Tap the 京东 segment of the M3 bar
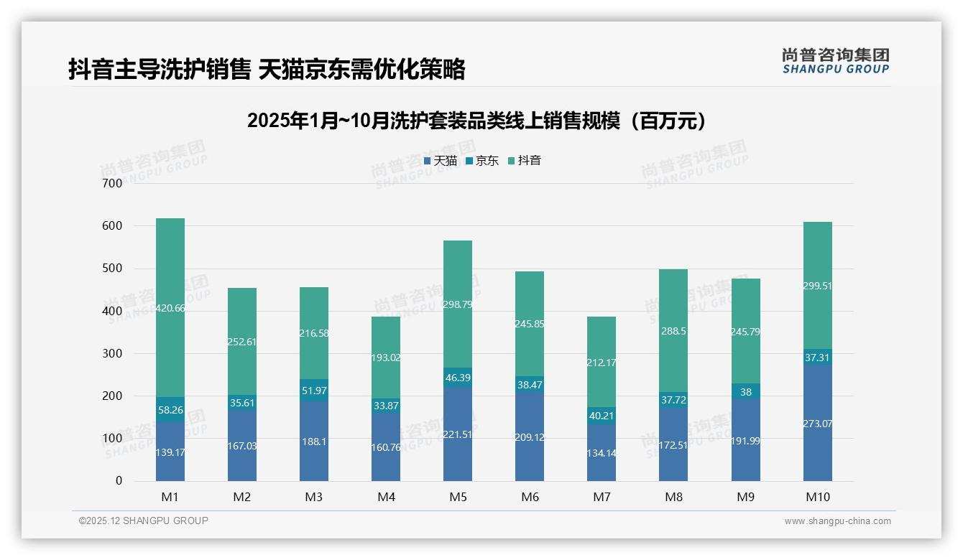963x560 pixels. pyautogui.click(x=314, y=390)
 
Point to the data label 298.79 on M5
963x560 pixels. pyautogui.click(x=458, y=304)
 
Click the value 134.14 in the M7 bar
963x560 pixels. pyautogui.click(x=602, y=453)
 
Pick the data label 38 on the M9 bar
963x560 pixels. pyautogui.click(x=745, y=392)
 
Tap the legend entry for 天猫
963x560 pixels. pyautogui.click(x=441, y=161)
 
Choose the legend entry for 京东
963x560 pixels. pyautogui.click(x=482, y=161)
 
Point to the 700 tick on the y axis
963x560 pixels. pyautogui.click(x=113, y=183)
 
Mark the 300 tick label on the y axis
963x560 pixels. pyautogui.click(x=113, y=353)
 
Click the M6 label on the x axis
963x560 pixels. pyautogui.click(x=530, y=497)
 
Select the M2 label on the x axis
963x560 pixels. pyautogui.click(x=242, y=497)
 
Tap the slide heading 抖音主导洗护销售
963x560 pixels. pyautogui.click(x=267, y=69)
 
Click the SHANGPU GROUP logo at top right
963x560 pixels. pyautogui.click(x=835, y=61)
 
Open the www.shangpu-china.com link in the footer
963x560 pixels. pyautogui.click(x=837, y=521)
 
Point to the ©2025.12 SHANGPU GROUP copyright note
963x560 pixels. pyautogui.click(x=144, y=521)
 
